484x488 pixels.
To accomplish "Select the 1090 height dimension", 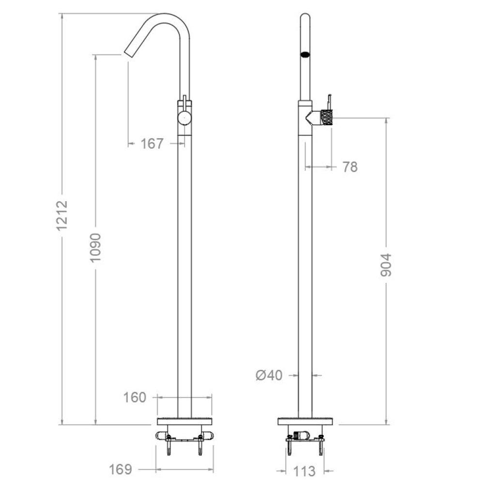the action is (x=96, y=248).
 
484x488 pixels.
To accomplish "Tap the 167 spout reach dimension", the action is (x=151, y=144).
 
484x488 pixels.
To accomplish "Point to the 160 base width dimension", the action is (x=135, y=398).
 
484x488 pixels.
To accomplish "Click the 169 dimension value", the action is (x=120, y=469).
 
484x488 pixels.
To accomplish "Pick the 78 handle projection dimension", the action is (x=350, y=167).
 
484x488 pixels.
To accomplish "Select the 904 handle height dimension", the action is (x=386, y=265).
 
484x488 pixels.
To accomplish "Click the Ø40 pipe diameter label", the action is (x=269, y=375).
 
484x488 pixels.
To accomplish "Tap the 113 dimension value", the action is (x=304, y=471).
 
